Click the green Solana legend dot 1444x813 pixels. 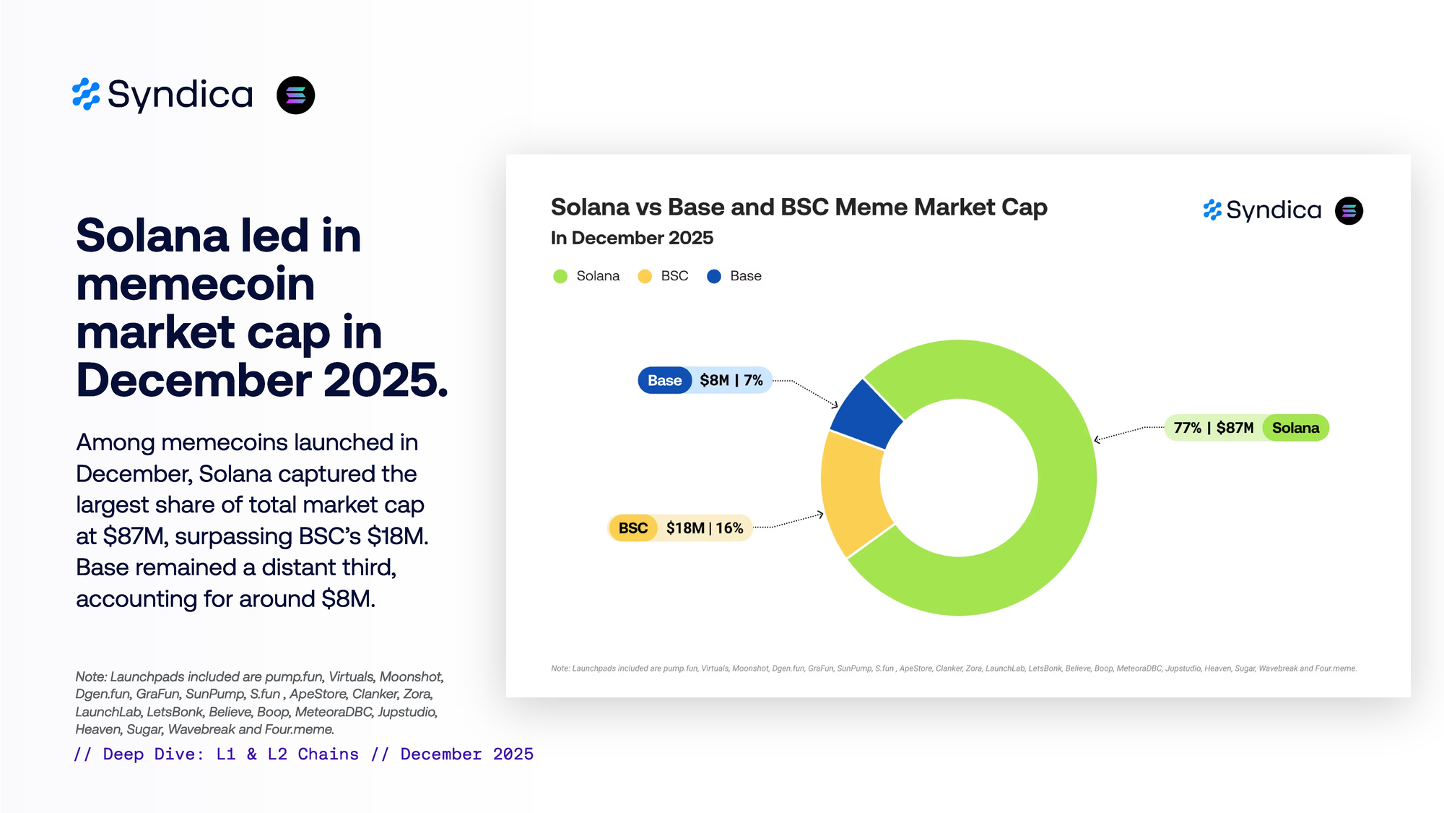pyautogui.click(x=560, y=276)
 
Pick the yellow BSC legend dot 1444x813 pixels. pyautogui.click(x=645, y=276)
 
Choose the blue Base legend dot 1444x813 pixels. pyautogui.click(x=714, y=276)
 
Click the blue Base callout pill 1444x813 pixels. pyautogui.click(x=664, y=381)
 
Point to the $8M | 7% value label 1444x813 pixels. pyautogui.click(x=731, y=381)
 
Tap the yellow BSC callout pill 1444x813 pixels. pyautogui.click(x=632, y=528)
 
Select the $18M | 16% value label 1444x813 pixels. pyautogui.click(x=705, y=528)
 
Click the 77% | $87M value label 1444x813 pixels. pyautogui.click(x=1214, y=428)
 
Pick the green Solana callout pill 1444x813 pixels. pyautogui.click(x=1295, y=428)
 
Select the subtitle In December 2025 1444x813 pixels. pyautogui.click(x=632, y=238)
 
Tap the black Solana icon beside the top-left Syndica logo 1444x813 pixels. pyautogui.click(x=296, y=95)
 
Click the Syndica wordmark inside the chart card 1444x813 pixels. pyautogui.click(x=1274, y=210)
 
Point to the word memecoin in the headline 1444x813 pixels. pyautogui.click(x=196, y=284)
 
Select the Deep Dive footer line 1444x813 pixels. pyautogui.click(x=304, y=754)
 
